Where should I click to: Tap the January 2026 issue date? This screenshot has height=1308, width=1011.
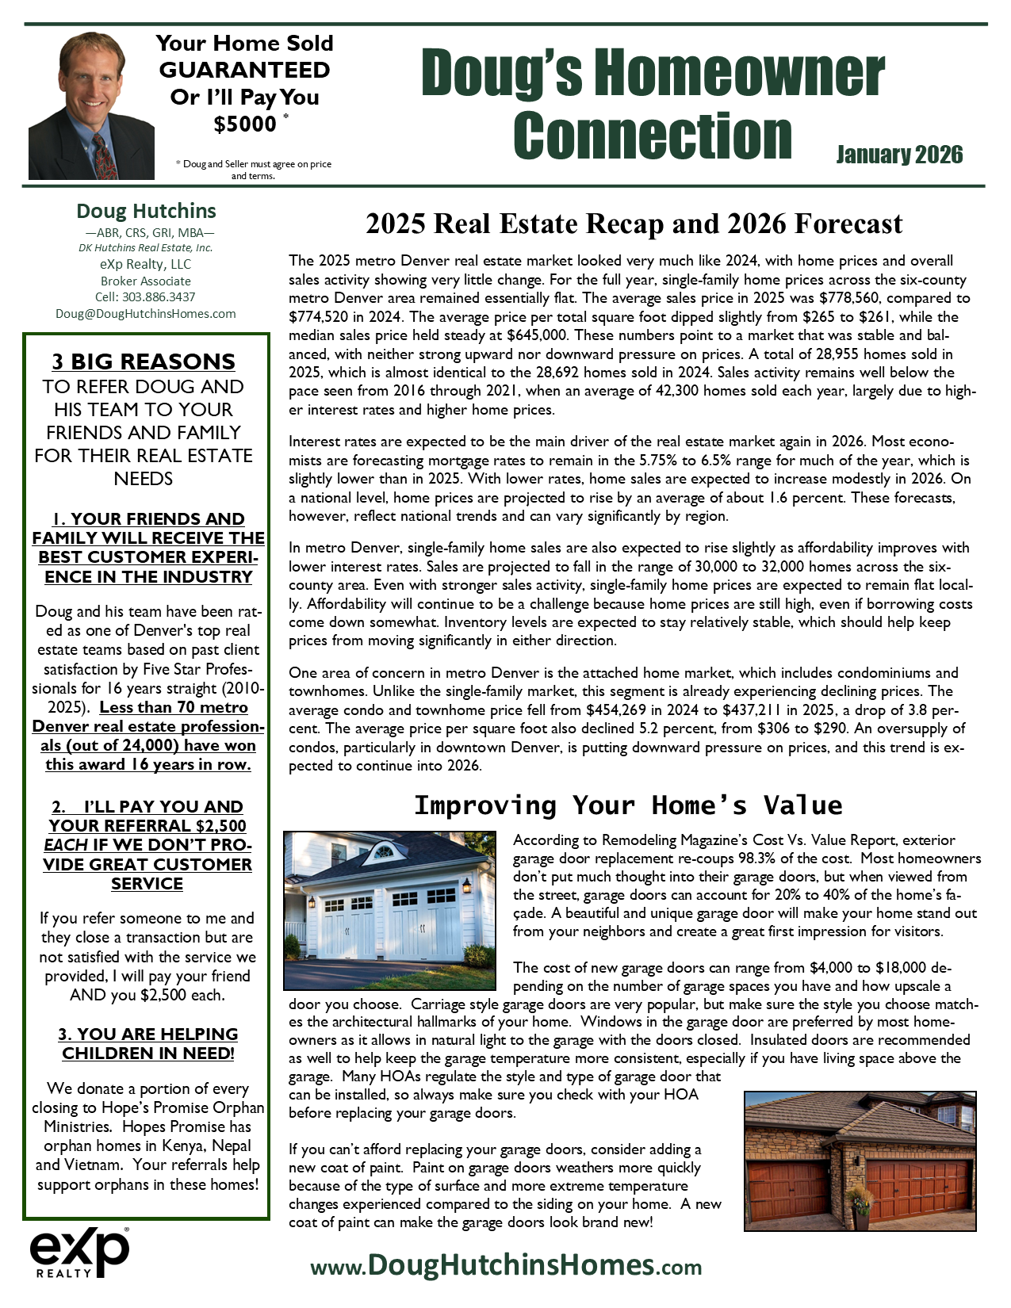pos(899,155)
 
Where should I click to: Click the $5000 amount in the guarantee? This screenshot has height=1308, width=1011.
pos(245,124)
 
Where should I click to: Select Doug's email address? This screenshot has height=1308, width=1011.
pos(146,313)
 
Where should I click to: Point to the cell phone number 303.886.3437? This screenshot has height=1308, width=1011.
pos(146,296)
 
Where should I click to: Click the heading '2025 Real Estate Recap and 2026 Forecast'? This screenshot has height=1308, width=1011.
pos(634,224)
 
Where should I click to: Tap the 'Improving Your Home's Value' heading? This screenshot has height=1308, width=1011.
pos(628,805)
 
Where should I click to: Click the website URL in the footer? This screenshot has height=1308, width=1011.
pos(506,1265)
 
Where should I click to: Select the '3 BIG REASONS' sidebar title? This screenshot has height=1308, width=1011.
pos(144,361)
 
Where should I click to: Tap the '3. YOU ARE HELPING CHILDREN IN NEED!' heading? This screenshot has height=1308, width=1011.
pos(148,1043)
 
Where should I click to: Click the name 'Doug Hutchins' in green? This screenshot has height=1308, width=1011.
pos(146,211)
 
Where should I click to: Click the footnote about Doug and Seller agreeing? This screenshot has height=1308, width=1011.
pos(254,170)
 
